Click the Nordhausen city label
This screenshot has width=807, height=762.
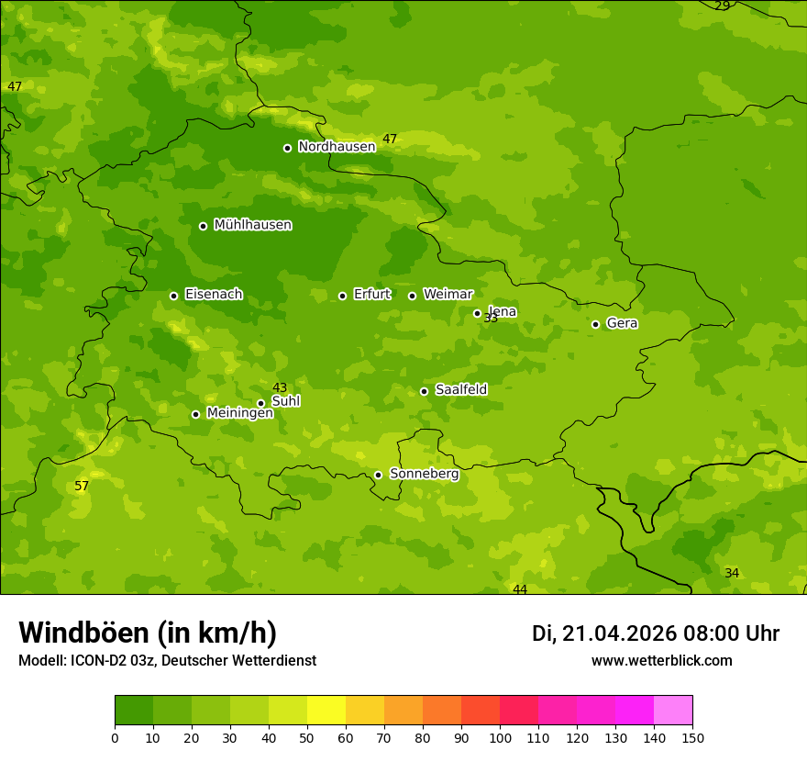pos(337,147)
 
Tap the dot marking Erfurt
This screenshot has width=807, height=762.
pos(342,296)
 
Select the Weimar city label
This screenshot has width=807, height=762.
pos(448,295)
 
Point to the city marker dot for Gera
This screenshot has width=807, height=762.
pos(595,324)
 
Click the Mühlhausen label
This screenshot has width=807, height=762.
pos(252,225)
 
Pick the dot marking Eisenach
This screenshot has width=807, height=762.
pos(173,296)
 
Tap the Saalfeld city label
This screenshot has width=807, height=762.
pos(460,390)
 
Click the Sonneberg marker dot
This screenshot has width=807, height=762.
pos(378,475)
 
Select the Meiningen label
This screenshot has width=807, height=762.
pos(239,413)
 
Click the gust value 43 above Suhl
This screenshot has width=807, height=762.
pos(280,388)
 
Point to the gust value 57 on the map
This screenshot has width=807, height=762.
pos(82,487)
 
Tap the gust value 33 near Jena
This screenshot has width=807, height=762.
pos(491,319)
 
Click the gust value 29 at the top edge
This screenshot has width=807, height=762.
pos(723,6)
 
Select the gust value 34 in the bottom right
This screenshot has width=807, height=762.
pos(732,574)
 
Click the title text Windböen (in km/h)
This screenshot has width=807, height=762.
pos(148,633)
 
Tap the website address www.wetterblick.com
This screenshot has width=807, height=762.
pos(661,661)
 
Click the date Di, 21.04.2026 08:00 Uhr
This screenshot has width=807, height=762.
pos(655,633)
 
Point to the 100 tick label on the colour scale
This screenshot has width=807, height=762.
pos(500,738)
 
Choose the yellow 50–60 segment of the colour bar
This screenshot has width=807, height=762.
pos(326,711)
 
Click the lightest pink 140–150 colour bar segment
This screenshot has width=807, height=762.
pos(673,711)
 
